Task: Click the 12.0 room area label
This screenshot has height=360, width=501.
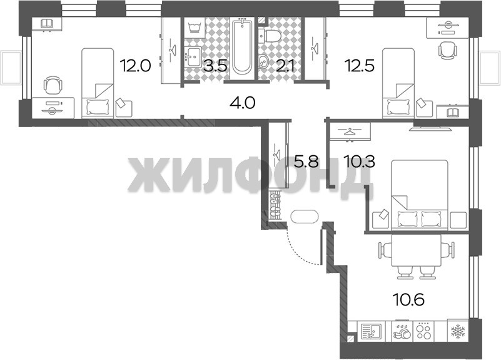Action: click(x=135, y=66)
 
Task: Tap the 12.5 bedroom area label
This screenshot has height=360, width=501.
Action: click(x=359, y=66)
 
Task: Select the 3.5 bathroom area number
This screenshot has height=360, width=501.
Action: click(x=216, y=66)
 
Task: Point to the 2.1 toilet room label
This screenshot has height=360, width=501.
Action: click(x=282, y=66)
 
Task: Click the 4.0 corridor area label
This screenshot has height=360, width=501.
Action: click(x=242, y=103)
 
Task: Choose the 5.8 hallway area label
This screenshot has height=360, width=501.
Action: click(x=306, y=162)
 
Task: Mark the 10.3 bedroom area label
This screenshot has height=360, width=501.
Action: click(x=359, y=162)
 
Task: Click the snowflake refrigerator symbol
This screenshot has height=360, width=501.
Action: click(x=458, y=331)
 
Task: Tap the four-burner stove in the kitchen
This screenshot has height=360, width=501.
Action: click(x=424, y=331)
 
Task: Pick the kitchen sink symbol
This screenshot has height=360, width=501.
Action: click(x=371, y=331)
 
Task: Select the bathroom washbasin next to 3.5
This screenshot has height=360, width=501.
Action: click(x=193, y=57)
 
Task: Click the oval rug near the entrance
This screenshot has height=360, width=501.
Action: click(x=305, y=217)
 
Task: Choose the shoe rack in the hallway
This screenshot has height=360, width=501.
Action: click(x=275, y=205)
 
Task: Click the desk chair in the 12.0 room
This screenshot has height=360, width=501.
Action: click(x=53, y=85)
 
